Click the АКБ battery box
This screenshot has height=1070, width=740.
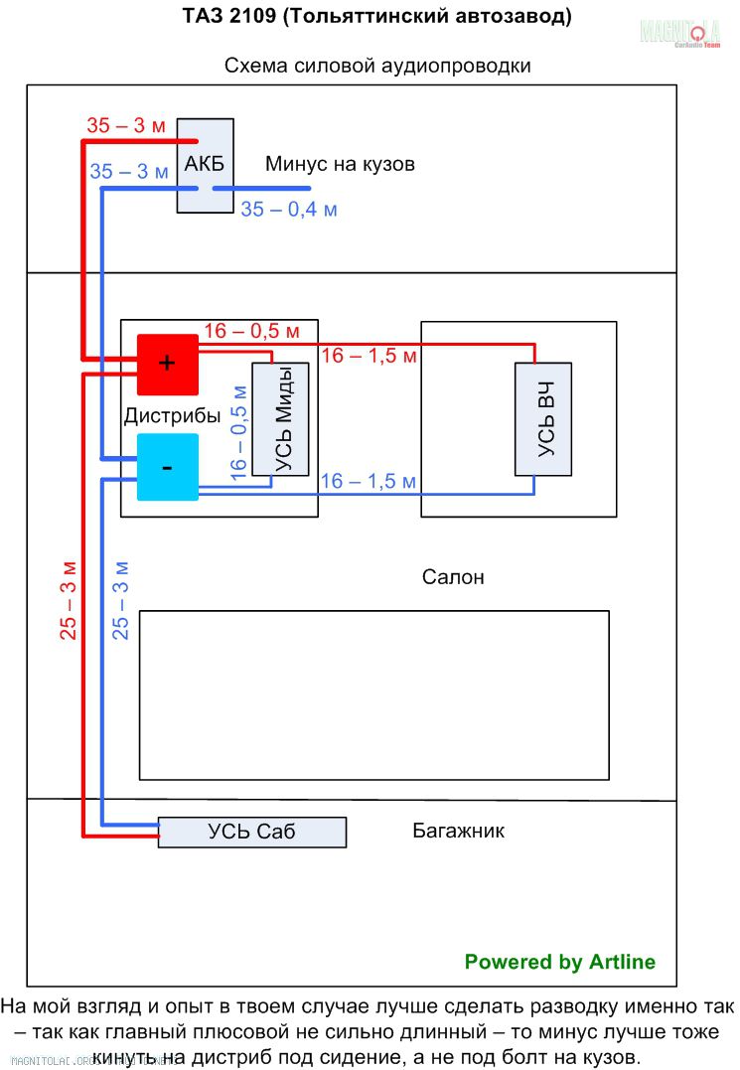206,164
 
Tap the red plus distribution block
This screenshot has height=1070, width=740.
167,364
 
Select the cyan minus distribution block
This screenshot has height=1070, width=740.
167,467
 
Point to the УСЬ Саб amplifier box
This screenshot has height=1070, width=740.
252,833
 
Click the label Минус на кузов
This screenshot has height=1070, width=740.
340,164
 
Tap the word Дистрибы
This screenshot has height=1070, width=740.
171,416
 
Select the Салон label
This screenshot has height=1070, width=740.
453,577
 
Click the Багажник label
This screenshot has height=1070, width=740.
458,831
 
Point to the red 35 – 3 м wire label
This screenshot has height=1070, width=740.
126,126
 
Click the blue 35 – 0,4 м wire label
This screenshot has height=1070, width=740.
289,210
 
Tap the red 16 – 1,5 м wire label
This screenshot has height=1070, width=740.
369,356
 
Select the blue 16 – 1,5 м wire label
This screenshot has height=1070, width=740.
369,481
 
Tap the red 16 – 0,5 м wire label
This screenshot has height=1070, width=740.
251,331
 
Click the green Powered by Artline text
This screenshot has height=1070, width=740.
560,962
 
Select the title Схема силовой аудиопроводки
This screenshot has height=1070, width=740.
377,67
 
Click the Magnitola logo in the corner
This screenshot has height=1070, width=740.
679,34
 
